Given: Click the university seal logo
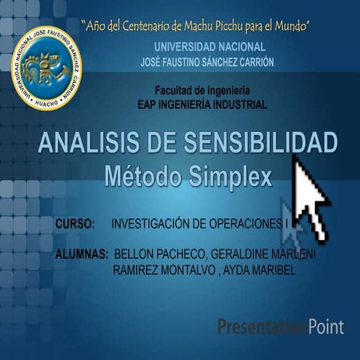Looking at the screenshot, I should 46,68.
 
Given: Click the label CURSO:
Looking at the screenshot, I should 75,224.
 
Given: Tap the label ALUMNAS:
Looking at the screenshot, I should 82,255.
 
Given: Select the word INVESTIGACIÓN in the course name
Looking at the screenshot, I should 153,224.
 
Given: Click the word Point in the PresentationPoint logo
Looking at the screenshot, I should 326,326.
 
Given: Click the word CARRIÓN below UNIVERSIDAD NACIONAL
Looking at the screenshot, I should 252,61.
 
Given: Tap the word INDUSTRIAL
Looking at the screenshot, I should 236,104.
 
